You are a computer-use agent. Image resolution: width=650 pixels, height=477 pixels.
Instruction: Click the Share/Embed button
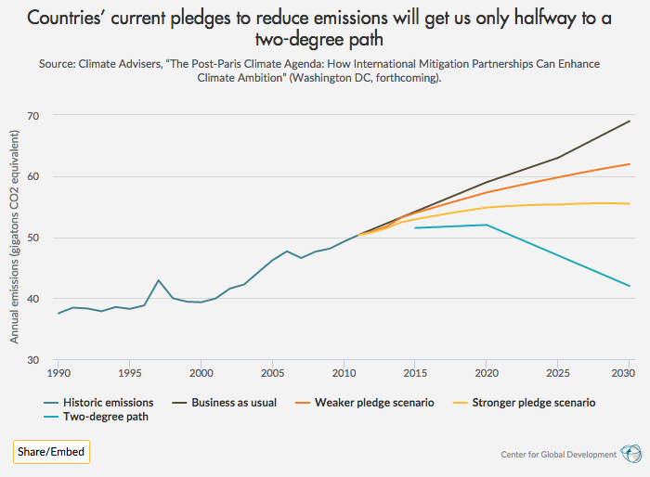(x=51, y=452)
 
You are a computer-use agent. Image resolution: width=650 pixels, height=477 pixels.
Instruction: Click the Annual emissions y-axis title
(x=15, y=238)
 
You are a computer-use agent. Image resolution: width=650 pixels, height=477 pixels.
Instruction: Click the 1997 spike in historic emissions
(x=159, y=280)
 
